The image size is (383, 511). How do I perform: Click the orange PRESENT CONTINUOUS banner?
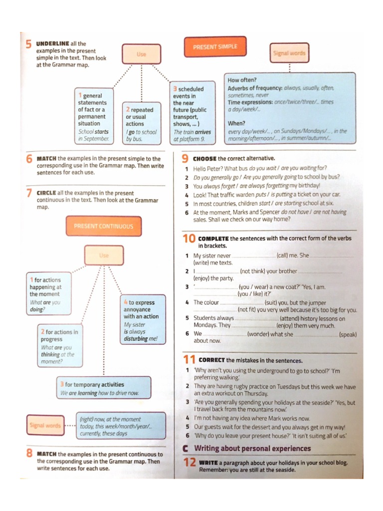pos(103,226)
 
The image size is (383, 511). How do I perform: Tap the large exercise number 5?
pos(28,44)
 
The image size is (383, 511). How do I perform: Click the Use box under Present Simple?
pos(142,54)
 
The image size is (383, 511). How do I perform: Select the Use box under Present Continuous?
pos(104,255)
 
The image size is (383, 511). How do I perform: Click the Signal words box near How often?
pos(289,53)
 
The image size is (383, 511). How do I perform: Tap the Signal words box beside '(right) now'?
pos(44,426)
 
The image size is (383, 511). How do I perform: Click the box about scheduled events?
pos(193,114)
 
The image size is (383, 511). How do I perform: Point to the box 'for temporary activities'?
pos(104,388)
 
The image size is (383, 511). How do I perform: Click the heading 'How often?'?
pos(242,80)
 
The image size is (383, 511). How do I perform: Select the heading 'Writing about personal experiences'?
pos(252,448)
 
